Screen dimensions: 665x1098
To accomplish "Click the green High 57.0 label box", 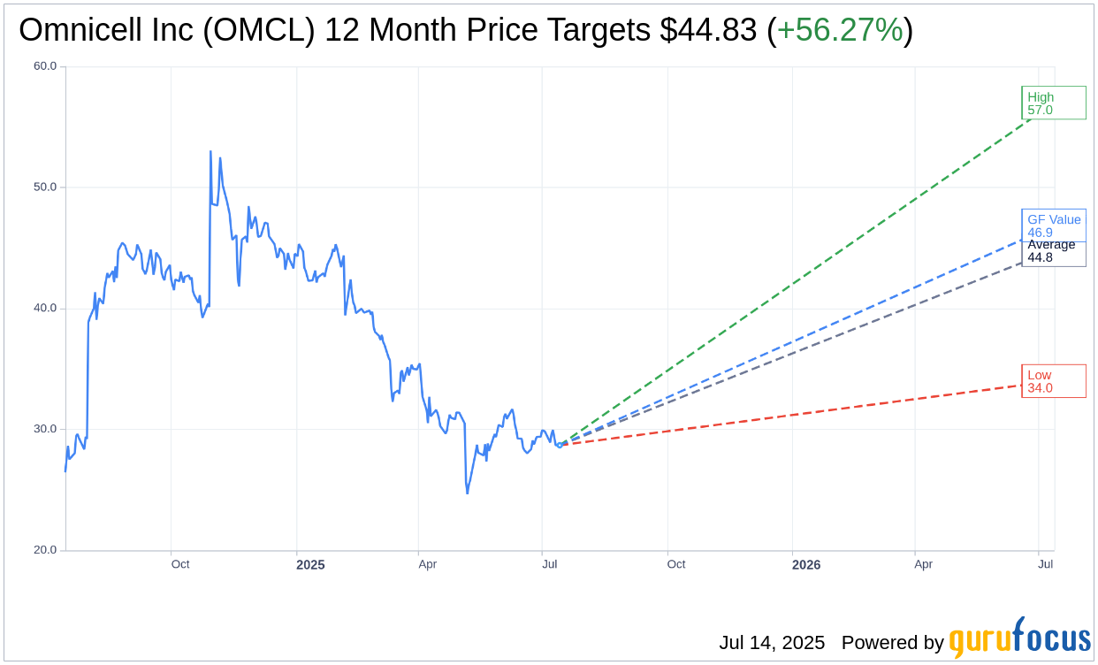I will coord(1053,103).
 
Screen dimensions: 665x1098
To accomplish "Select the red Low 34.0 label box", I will coord(1053,381).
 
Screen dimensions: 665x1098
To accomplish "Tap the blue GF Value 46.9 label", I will coord(1054,225).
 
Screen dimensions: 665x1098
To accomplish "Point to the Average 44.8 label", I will coord(1052,252).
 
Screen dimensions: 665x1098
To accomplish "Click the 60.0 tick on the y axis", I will coord(45,66).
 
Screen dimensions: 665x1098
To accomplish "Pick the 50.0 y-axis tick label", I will coord(45,187).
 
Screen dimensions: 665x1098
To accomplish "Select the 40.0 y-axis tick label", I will coord(45,309).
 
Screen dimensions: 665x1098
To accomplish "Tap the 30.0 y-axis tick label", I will coord(45,430).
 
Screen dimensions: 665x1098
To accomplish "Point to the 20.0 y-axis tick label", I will coord(45,550).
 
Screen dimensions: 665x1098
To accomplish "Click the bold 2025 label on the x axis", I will coord(310,565).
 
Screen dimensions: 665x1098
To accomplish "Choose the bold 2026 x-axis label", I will coord(806,565).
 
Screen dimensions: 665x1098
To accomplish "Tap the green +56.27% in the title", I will coord(840,31).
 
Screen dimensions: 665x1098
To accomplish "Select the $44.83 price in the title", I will coord(708,31).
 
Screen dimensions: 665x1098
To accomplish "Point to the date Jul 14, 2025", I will coord(772,643).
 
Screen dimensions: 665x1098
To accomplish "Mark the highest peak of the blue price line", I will coord(210,151).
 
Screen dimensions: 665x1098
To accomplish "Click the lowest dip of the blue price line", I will coord(467,493).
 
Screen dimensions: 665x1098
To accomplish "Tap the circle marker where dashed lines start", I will coord(559,445).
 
